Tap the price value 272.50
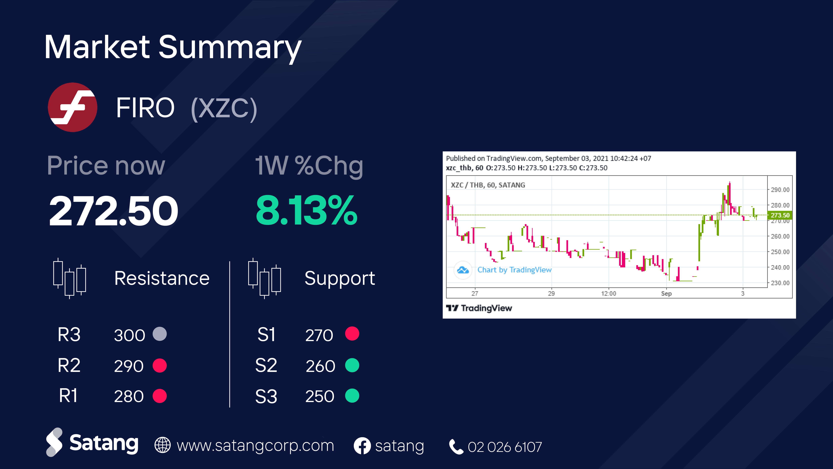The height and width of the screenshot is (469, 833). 114,211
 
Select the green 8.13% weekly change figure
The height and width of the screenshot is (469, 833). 307,211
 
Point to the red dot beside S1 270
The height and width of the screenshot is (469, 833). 352,333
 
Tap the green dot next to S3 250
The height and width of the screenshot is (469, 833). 352,396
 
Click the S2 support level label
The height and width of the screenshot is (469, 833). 266,366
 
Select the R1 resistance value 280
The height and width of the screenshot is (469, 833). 129,396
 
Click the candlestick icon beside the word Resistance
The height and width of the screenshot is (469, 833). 70,278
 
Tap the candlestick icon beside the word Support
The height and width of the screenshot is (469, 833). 265,278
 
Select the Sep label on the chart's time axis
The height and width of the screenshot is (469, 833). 666,293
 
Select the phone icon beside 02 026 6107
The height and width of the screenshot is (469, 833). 456,447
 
